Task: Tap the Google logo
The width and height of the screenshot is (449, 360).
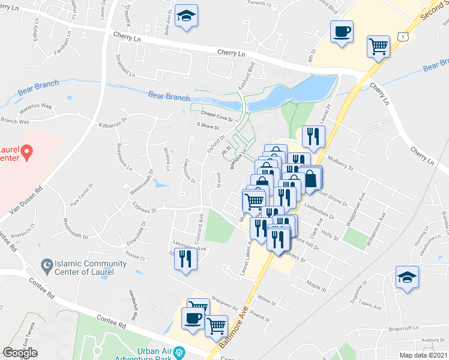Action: pos(20,353)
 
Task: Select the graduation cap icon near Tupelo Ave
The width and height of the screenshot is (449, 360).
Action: pos(407,278)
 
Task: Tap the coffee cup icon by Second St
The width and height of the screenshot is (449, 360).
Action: pos(342,32)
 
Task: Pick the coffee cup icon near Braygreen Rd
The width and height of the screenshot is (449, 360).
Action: pos(193,319)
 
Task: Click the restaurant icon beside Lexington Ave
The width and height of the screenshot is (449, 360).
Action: pos(185,259)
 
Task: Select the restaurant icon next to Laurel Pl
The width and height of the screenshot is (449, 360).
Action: pos(313,137)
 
